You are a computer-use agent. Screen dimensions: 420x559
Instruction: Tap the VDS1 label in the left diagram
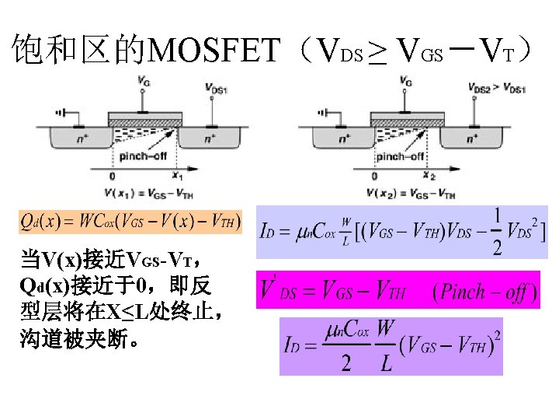point(217,90)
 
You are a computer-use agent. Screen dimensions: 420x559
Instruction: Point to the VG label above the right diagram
point(406,80)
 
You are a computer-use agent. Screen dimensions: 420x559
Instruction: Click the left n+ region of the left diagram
point(79,139)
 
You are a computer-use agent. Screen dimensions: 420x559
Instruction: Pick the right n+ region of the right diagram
point(472,139)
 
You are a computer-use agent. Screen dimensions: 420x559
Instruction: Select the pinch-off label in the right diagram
point(401,156)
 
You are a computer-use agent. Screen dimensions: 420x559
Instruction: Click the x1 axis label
point(177,176)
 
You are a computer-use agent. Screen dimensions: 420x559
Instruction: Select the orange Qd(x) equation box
point(130,221)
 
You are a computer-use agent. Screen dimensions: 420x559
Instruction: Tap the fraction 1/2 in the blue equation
point(498,233)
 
